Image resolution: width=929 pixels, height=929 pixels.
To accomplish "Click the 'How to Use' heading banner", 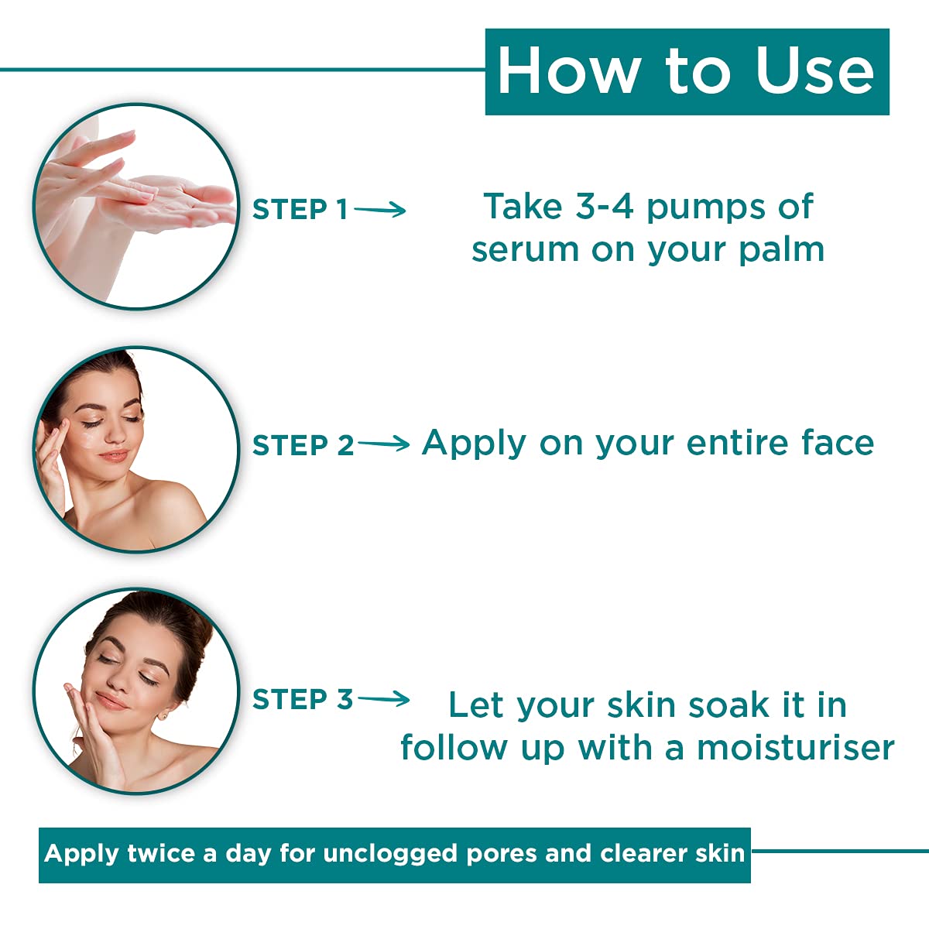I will point(687,72).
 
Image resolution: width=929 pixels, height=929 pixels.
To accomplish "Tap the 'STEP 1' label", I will point(300,210).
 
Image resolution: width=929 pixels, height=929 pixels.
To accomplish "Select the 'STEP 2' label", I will point(303,445).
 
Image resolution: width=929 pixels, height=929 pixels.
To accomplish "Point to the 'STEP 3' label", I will point(303,699).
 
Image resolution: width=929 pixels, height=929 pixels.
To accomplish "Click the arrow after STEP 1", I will point(380,209).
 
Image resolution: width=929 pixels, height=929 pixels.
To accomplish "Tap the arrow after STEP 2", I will point(383,444).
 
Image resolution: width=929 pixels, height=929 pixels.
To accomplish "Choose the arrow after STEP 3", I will point(383,699).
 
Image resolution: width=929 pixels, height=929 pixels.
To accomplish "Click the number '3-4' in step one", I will point(604,207).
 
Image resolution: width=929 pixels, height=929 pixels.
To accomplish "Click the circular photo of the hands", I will point(136,207).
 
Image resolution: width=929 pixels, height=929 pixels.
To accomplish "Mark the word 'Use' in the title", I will point(814,72).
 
